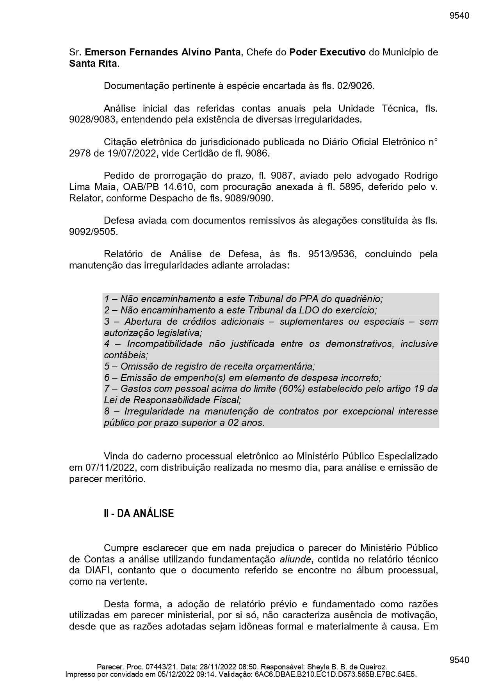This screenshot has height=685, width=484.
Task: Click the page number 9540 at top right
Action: (x=459, y=16)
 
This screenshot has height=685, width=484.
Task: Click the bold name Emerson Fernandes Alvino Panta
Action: (x=163, y=52)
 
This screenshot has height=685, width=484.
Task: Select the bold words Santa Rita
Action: (x=93, y=64)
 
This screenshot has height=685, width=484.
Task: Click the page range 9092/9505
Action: (x=93, y=232)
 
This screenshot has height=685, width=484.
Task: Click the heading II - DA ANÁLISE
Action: (x=139, y=514)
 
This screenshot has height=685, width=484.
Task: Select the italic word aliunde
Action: (x=295, y=559)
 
